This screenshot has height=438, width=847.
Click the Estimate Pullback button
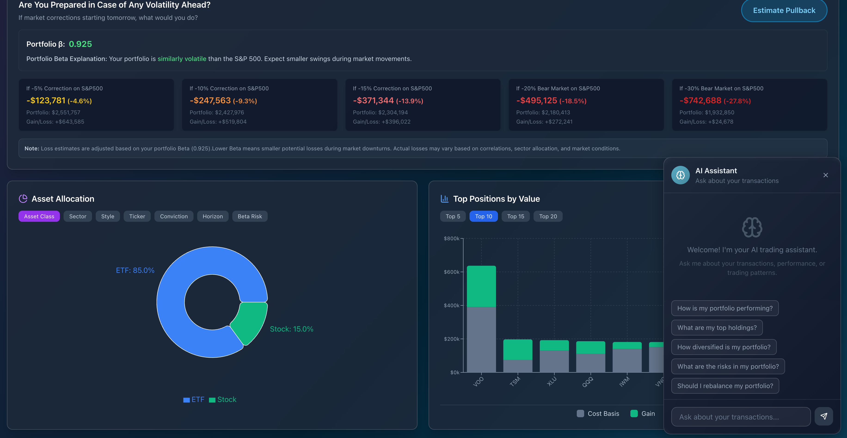pos(784,11)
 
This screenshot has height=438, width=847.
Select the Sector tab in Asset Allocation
pos(78,216)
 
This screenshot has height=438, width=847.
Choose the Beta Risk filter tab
pos(250,216)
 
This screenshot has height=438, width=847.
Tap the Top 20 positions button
pos(548,216)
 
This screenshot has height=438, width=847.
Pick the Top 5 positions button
pos(453,216)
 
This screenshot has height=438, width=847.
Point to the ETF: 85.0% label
pos(135,270)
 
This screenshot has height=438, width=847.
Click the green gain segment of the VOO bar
pos(481,286)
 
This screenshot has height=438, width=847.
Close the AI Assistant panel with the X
pos(825,175)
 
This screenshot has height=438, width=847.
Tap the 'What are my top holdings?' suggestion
pos(717,328)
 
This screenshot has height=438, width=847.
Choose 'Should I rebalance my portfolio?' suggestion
pos(725,386)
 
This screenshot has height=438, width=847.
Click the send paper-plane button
pos(824,416)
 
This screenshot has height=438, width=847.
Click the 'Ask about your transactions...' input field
pos(740,417)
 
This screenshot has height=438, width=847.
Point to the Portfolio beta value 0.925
pos(80,44)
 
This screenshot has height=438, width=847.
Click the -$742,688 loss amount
pos(700,100)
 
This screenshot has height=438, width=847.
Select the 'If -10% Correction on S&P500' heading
pos(229,88)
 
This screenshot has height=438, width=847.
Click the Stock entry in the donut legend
pos(223,400)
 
